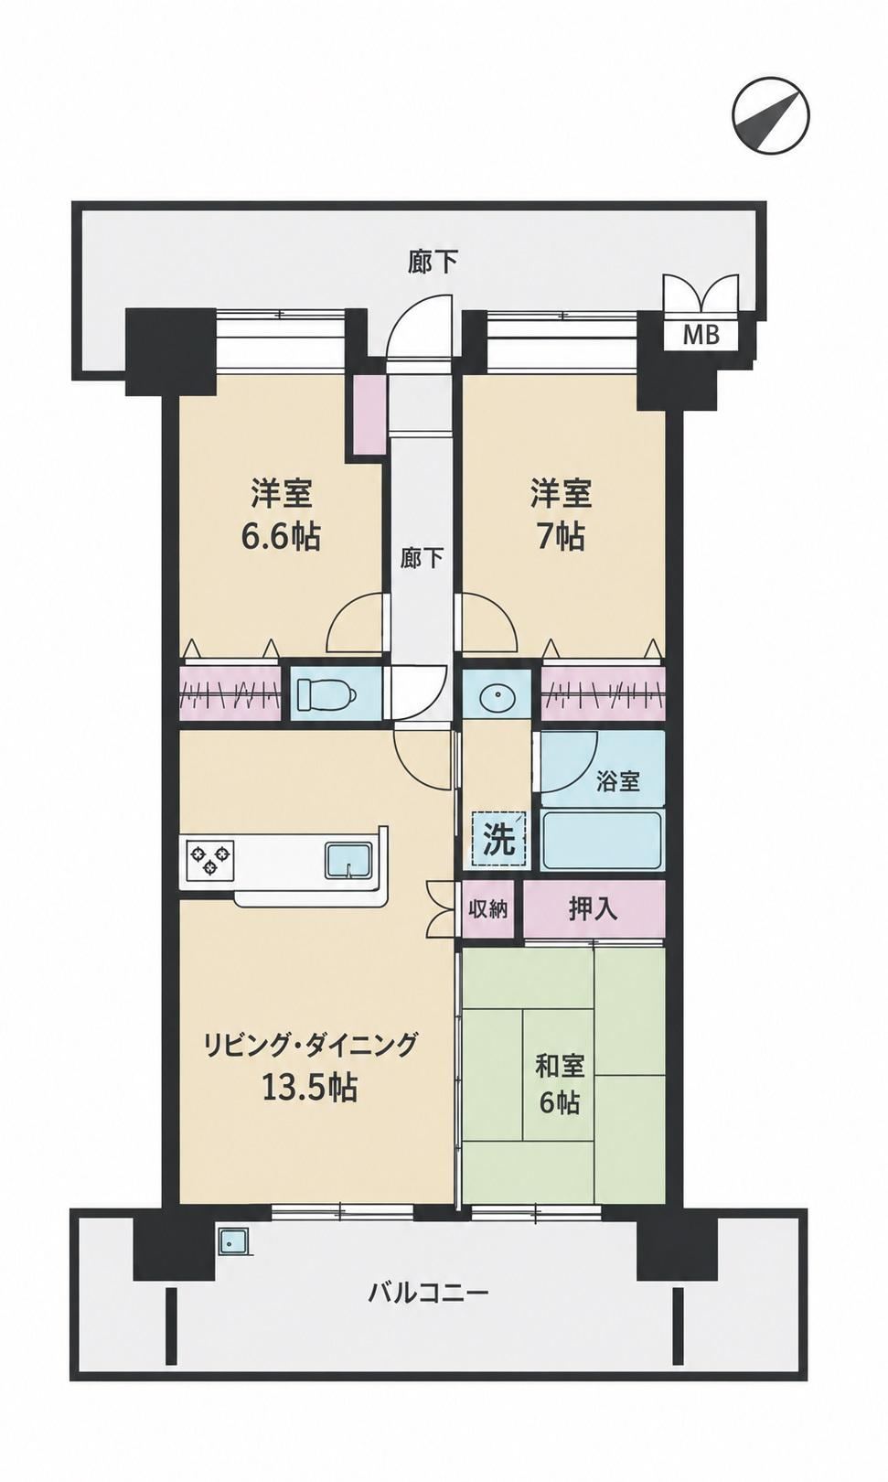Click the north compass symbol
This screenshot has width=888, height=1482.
tap(771, 116)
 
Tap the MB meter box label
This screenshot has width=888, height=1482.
tap(701, 336)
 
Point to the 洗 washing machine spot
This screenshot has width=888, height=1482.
tap(499, 840)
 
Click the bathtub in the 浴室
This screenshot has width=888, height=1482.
tap(601, 840)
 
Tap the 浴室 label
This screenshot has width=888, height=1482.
tap(617, 781)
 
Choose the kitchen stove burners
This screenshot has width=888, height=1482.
tap(211, 859)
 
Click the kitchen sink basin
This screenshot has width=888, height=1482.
tap(349, 860)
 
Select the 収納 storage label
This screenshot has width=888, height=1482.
tap(488, 909)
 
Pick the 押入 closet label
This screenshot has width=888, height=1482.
tap(594, 909)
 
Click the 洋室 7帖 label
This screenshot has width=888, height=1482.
tap(561, 516)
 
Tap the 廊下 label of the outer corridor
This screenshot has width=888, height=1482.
tap(432, 262)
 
